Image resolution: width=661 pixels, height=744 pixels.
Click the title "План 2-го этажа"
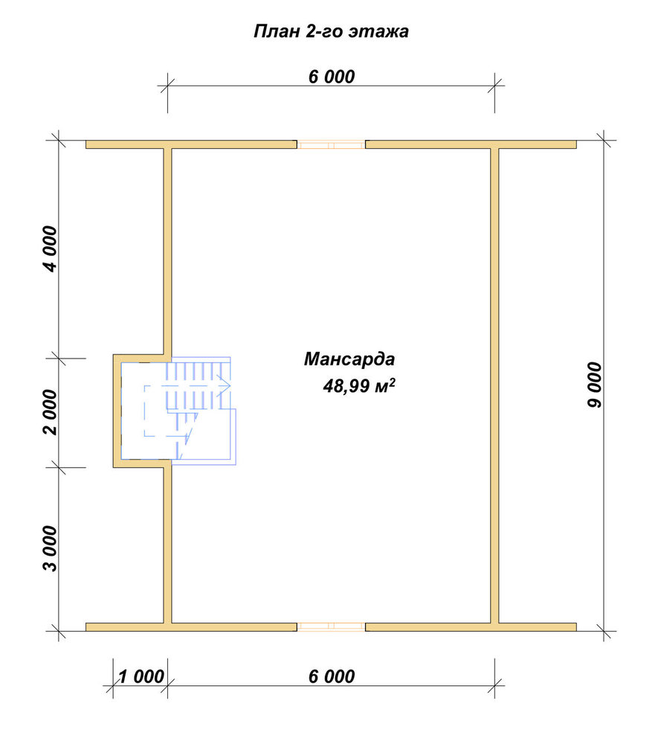[331, 31]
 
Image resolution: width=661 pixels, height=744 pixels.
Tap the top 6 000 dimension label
[332, 77]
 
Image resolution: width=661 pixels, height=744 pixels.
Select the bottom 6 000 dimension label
[332, 676]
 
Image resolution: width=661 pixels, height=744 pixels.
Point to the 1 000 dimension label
[141, 676]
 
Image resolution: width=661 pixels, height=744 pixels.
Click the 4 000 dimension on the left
[50, 248]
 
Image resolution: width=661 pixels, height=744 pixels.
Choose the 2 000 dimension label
[50, 412]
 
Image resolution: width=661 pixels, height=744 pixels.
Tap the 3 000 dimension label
[50, 548]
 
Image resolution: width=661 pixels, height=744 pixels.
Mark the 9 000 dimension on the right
[594, 385]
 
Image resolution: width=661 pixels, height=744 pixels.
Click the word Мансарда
[349, 359]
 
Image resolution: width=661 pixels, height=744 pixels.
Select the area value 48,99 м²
[359, 385]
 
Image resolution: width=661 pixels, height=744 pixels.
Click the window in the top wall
[331, 144]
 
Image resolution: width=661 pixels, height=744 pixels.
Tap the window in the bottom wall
[331, 626]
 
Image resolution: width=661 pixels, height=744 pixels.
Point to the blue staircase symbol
[190, 409]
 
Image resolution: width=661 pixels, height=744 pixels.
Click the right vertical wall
[494, 385]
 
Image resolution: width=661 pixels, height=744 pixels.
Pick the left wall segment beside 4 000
[168, 251]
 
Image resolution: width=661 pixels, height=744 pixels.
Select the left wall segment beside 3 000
[168, 545]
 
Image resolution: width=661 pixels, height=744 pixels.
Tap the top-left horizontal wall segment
[191, 144]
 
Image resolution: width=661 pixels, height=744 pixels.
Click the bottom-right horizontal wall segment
[471, 626]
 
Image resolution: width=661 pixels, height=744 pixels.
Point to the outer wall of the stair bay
[117, 411]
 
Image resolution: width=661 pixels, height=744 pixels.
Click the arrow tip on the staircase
[230, 385]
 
